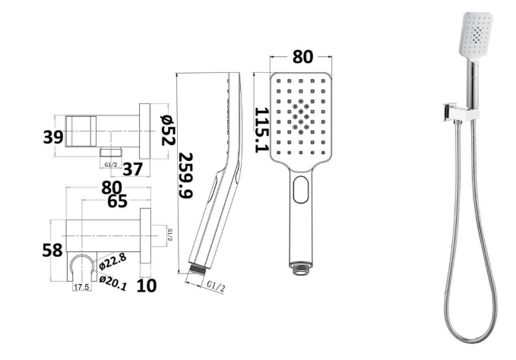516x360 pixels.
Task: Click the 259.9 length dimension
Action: point(185,175)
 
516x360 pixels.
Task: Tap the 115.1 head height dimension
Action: point(261,130)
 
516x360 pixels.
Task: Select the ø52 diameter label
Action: point(168,130)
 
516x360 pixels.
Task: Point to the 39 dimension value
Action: point(52,137)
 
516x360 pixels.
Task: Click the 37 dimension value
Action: point(133,169)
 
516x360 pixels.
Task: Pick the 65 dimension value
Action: point(117,201)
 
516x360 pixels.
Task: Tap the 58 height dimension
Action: point(52,250)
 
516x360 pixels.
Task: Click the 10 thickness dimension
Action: point(147,286)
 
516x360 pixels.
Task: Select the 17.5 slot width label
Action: point(81,287)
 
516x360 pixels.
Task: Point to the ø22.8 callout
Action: point(112,262)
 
